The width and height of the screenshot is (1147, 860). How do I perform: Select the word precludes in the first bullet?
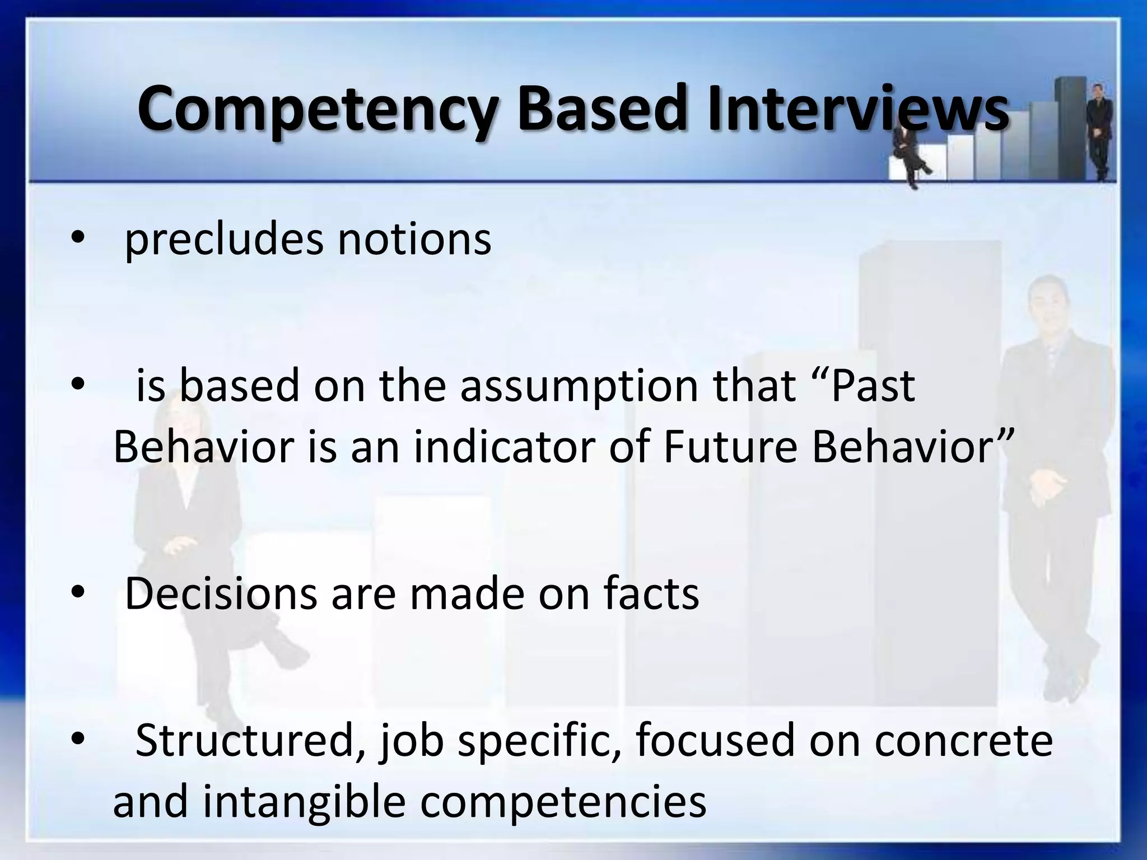(x=223, y=240)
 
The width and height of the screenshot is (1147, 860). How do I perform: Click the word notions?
(x=414, y=240)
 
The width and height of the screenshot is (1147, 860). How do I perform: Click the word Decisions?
(x=221, y=594)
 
